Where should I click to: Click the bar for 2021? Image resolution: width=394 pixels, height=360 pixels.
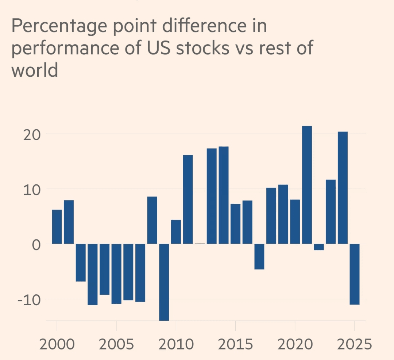pos(307,185)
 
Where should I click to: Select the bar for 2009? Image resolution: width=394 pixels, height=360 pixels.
pos(164,282)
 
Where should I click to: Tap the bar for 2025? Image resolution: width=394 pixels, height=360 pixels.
pos(355,274)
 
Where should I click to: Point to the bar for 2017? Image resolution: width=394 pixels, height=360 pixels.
pos(259,256)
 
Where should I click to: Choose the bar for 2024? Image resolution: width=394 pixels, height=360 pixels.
pos(343,188)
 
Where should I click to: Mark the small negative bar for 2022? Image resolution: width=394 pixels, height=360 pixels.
pos(319,247)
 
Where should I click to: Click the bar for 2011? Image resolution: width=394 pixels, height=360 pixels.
pos(188,199)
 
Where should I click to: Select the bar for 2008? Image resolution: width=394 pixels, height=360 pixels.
pos(152,220)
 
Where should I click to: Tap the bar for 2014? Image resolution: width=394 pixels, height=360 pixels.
pos(223,195)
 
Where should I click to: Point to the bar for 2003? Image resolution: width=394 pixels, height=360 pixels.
pos(92,274)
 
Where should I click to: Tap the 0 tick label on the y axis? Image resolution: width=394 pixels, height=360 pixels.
pos(36,244)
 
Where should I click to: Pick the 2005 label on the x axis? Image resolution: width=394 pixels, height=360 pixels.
pos(116,344)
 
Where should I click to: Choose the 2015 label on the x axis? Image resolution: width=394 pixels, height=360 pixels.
pos(235,344)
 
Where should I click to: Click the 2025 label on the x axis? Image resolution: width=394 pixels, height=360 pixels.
pos(354,344)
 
